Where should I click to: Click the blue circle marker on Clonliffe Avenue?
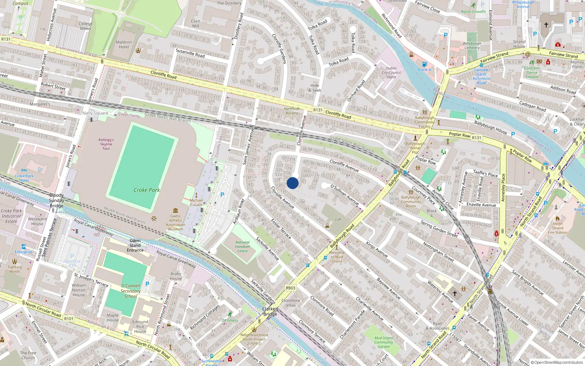[x=292, y=183]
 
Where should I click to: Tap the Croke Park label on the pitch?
[x=147, y=190]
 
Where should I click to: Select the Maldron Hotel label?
[x=124, y=45]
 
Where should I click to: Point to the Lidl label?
[x=338, y=219]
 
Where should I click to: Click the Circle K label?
[x=424, y=70]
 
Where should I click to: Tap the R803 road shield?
[x=291, y=288]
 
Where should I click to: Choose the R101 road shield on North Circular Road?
[x=69, y=319]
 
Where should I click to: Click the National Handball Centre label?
[x=242, y=247]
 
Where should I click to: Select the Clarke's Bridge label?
[x=270, y=311]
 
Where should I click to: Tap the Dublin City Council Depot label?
[x=391, y=72]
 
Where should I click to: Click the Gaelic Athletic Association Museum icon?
[x=175, y=210]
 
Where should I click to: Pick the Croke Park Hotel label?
[x=24, y=178]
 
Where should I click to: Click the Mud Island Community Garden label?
[x=384, y=342]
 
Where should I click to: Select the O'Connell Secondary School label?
[x=131, y=291]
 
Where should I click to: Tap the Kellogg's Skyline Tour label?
[x=106, y=144]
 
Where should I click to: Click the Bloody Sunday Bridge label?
[x=56, y=201]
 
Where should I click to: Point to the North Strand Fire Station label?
[x=558, y=228]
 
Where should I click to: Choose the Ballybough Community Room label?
[x=411, y=202]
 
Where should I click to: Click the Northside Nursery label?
[x=292, y=111]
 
